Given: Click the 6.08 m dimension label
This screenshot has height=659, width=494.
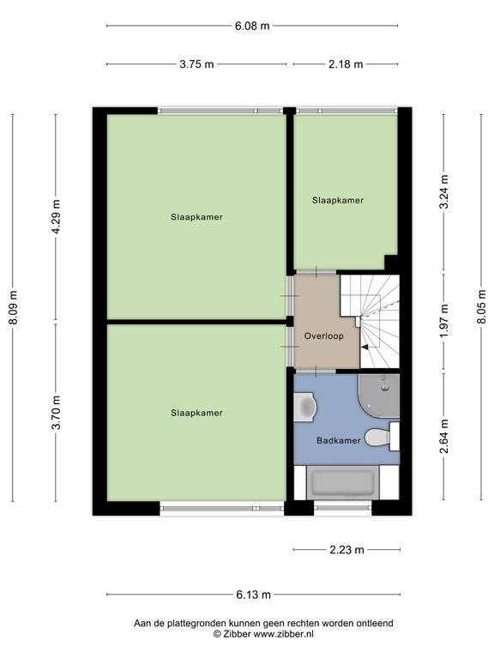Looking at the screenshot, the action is point(252,26).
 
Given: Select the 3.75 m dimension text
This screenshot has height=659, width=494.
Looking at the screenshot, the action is point(196,64).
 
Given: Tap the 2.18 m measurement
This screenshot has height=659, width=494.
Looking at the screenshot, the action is point(346,64).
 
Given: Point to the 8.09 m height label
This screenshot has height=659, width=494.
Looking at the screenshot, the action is point(13,307).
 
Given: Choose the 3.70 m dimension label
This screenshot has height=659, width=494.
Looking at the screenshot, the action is point(56,412).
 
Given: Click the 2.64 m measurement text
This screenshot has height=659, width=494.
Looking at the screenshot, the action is point(444,436).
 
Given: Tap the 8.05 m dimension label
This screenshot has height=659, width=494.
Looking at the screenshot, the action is point(482,307).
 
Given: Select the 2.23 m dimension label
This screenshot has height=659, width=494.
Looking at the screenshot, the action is point(347,550).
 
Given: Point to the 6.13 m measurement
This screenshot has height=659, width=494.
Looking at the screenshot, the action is point(253,595).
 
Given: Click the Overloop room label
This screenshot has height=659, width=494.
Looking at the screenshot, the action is point(324,336).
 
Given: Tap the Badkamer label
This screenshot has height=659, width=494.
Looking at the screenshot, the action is point(339,440).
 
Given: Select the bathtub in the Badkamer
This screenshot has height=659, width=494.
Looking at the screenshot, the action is point(343,482).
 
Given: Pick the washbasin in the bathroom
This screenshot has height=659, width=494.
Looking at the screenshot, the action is point(305,407).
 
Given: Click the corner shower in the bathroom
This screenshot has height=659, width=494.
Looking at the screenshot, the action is point(379,396).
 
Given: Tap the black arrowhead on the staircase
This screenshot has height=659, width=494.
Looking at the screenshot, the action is point(365,348).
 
